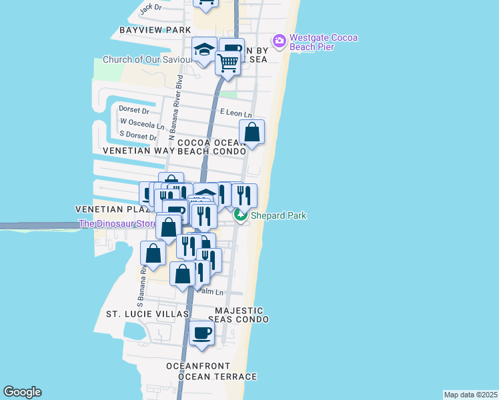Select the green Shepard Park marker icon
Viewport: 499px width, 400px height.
(x=239, y=215)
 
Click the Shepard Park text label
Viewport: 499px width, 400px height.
(x=278, y=215)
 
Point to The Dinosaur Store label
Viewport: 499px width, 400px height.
(x=117, y=223)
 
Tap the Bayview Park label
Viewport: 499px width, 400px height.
(x=155, y=30)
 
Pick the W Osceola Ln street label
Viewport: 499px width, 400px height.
(x=141, y=124)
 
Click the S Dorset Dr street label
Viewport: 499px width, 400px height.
(x=138, y=136)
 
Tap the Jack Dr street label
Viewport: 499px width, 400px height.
(x=150, y=7)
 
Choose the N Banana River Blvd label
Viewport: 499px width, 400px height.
(x=179, y=107)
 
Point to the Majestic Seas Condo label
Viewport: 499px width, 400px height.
(x=239, y=315)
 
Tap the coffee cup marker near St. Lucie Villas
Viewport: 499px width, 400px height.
(x=201, y=332)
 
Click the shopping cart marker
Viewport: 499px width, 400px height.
(x=227, y=63)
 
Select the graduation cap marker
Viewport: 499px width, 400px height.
(x=204, y=49)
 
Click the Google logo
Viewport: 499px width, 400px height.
(x=22, y=392)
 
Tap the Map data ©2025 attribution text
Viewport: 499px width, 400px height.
(x=470, y=395)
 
